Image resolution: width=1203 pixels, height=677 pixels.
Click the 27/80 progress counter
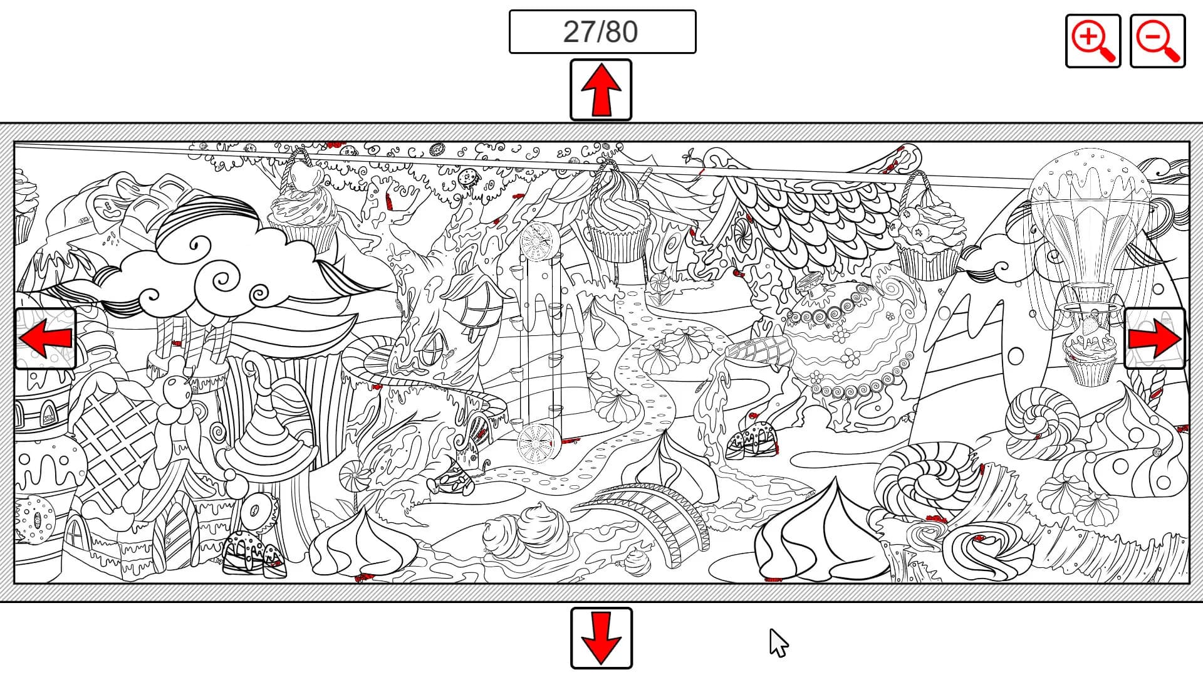(602, 31)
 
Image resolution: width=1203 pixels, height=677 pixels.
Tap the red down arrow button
(601, 638)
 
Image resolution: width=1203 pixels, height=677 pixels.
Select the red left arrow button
(45, 338)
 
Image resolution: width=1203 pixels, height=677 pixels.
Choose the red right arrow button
(1155, 338)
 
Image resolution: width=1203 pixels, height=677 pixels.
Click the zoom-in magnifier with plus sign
(1093, 41)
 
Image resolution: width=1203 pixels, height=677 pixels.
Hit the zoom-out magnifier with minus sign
(1157, 41)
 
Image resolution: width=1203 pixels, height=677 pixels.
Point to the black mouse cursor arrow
(778, 643)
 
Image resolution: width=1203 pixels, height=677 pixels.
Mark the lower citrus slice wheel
(536, 441)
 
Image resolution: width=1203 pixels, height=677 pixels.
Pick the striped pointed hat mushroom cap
(268, 433)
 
